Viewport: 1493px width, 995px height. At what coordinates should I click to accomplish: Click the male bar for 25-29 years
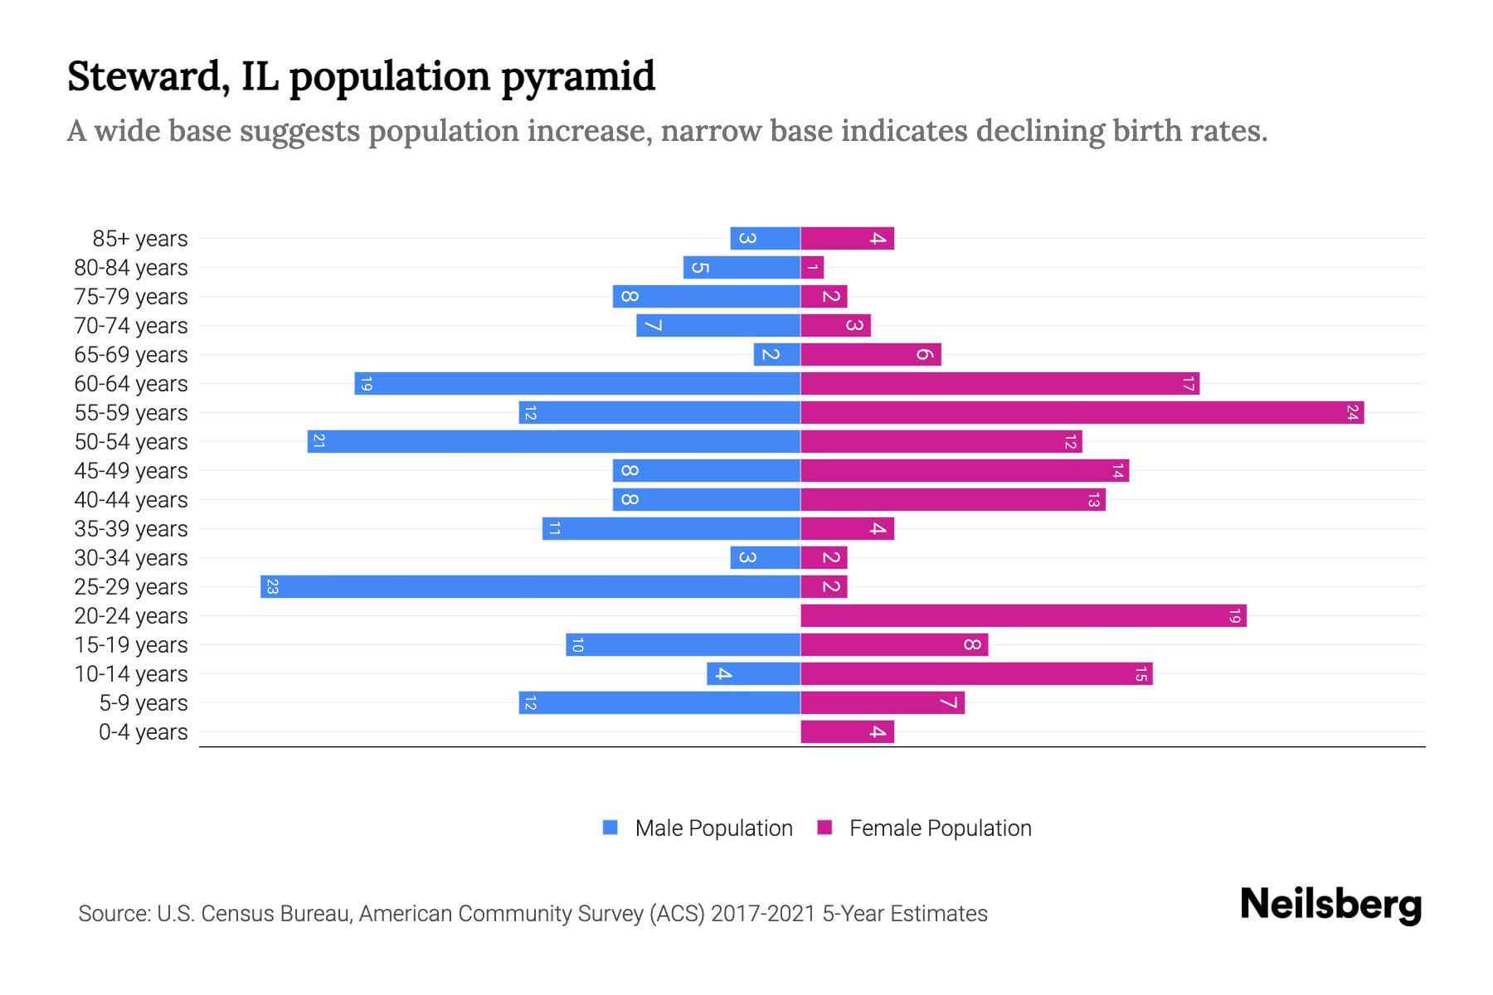[531, 587]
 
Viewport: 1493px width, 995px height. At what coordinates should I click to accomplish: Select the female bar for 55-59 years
[1082, 413]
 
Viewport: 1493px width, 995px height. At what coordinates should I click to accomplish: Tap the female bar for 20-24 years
[1024, 616]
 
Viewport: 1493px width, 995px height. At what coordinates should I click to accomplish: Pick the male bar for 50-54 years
[554, 442]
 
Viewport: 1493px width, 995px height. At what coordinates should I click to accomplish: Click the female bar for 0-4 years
[847, 732]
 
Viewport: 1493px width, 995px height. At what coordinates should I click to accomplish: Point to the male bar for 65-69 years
[777, 355]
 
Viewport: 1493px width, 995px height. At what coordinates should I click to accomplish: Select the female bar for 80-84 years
[812, 268]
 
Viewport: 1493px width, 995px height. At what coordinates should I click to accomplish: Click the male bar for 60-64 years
[577, 384]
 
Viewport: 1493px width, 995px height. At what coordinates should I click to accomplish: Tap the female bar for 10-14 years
[976, 674]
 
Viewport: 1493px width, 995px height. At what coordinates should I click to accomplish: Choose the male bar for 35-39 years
[672, 529]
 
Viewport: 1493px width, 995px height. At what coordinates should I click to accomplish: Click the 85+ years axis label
[140, 239]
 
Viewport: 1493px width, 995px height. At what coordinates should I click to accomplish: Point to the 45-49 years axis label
[131, 471]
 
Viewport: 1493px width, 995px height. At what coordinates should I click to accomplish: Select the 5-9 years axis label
[143, 703]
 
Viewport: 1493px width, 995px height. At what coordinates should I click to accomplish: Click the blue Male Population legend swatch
[610, 828]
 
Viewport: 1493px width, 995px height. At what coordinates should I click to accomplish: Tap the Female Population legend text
[940, 828]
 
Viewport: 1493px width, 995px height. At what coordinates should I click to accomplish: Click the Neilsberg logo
[1330, 905]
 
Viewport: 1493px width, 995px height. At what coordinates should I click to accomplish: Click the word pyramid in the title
[578, 77]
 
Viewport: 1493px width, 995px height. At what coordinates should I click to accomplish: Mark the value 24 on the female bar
[1352, 413]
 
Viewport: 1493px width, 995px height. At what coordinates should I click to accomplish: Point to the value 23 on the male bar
[272, 587]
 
